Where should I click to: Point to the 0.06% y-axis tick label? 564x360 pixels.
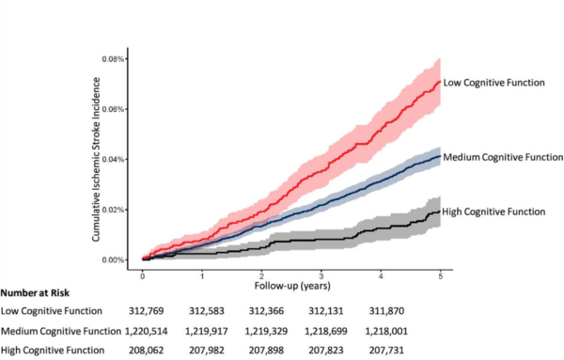point(112,109)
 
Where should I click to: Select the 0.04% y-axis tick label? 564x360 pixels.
point(112,159)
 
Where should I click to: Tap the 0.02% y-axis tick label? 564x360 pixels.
point(112,210)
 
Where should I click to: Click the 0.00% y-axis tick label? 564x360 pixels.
point(112,259)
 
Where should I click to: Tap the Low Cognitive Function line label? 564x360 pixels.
point(495,84)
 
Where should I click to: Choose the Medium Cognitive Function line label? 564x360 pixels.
point(502,156)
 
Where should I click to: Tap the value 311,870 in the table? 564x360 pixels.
point(441,311)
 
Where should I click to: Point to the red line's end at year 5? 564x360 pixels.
point(439,82)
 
